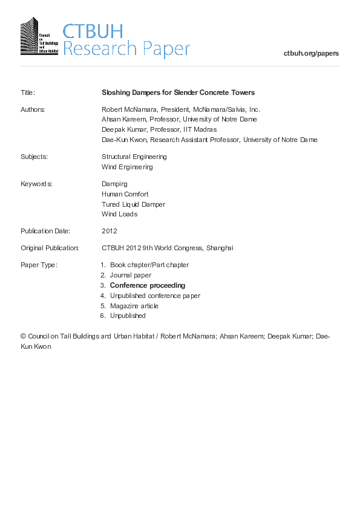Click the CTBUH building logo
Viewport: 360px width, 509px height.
point(39,37)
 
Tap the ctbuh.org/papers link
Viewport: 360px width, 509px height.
point(311,53)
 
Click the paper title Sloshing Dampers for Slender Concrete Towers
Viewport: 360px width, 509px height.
point(178,92)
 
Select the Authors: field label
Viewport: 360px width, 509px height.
point(33,109)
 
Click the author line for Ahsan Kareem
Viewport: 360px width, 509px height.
point(179,119)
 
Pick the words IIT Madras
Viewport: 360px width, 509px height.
point(201,129)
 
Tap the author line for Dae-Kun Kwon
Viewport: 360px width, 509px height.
point(209,140)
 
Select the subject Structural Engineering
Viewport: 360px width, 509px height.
point(134,157)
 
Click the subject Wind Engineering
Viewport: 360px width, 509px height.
point(127,167)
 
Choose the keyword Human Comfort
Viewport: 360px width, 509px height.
point(125,194)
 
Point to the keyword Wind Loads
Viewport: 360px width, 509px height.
point(120,214)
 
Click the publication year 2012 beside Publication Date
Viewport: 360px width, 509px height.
point(110,231)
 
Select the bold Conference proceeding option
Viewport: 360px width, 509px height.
point(148,285)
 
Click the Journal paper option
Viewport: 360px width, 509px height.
point(131,275)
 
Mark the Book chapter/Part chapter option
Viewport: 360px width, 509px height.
point(149,265)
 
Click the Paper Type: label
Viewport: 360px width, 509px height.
point(39,265)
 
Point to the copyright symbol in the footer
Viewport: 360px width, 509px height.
point(24,336)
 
